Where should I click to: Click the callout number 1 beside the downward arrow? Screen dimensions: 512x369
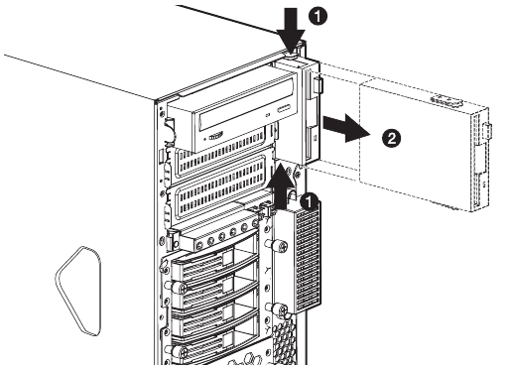(318, 16)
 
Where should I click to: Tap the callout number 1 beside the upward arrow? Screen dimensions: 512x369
(309, 201)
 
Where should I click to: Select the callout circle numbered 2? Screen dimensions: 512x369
(391, 138)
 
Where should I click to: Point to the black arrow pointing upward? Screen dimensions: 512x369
(281, 186)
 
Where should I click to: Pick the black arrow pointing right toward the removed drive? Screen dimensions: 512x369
(346, 128)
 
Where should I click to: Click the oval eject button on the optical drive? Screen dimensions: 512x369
(284, 109)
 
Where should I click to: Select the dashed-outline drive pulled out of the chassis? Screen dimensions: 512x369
(425, 146)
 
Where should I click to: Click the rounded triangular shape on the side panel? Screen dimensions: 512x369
(78, 291)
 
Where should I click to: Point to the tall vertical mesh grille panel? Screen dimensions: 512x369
(307, 258)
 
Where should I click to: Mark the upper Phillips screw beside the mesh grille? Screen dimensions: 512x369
(282, 247)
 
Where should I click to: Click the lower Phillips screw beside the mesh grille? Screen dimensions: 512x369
(282, 310)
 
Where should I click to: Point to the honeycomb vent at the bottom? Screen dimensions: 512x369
(285, 339)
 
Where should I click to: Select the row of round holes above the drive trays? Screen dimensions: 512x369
(225, 235)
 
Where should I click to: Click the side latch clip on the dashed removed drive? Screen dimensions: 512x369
(488, 131)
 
